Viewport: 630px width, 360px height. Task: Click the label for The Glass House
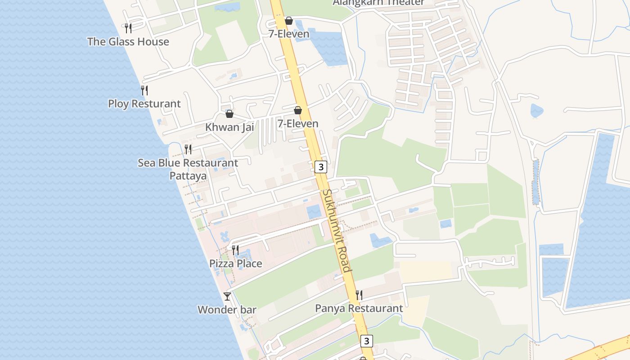coord(128,42)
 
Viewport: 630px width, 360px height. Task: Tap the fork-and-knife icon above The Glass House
coord(128,28)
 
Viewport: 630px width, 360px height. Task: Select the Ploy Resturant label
coord(144,104)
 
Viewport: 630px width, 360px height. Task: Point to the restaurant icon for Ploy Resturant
coord(144,90)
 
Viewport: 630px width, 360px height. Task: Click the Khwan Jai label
coord(229,127)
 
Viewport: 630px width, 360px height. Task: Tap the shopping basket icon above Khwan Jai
coord(229,114)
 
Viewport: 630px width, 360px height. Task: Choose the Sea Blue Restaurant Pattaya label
coord(188,169)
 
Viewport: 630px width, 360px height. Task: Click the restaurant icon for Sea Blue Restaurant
coord(188,149)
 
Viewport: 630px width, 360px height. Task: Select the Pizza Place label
coord(235,263)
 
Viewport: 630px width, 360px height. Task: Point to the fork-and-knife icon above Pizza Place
coord(235,250)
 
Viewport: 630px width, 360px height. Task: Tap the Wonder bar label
coord(227,310)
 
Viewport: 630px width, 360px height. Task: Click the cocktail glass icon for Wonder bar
coord(227,296)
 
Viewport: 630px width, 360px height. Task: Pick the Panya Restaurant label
coord(359,308)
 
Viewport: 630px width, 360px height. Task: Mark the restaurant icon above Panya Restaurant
coord(359,295)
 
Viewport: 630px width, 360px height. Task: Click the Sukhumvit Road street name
coord(336,230)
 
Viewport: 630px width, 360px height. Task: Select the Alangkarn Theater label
coord(378,3)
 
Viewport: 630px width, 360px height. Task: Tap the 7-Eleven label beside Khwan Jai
coord(297,123)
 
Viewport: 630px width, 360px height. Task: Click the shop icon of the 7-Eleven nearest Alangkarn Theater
coord(289,21)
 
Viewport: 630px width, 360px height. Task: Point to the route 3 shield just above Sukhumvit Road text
coord(320,167)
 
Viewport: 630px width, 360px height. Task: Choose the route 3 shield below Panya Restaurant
coord(367,341)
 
